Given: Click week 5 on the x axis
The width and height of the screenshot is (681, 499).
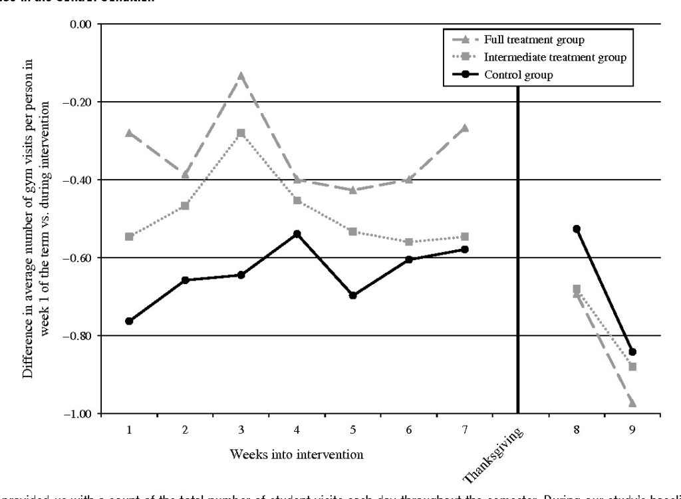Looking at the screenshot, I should pyautogui.click(x=352, y=430).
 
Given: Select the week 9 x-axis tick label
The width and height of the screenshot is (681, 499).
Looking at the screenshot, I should pyautogui.click(x=632, y=430).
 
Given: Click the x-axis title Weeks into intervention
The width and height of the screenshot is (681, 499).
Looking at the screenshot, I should pyautogui.click(x=297, y=454).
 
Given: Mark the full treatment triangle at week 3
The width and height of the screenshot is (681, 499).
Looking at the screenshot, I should pyautogui.click(x=241, y=76).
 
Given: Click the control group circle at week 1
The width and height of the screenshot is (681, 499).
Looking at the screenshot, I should pyautogui.click(x=129, y=321).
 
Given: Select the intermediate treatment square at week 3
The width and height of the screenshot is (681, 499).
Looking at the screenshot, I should pyautogui.click(x=241, y=133).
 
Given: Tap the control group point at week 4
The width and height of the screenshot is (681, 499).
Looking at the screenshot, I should pyautogui.click(x=297, y=234).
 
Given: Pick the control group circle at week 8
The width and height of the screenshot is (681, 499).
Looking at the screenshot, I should pyautogui.click(x=577, y=229).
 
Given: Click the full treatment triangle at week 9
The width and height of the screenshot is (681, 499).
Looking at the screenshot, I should pyautogui.click(x=632, y=403).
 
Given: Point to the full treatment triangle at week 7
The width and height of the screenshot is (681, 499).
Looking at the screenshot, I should pyautogui.click(x=465, y=128).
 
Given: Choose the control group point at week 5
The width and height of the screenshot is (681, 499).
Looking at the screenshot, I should pyautogui.click(x=353, y=295).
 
